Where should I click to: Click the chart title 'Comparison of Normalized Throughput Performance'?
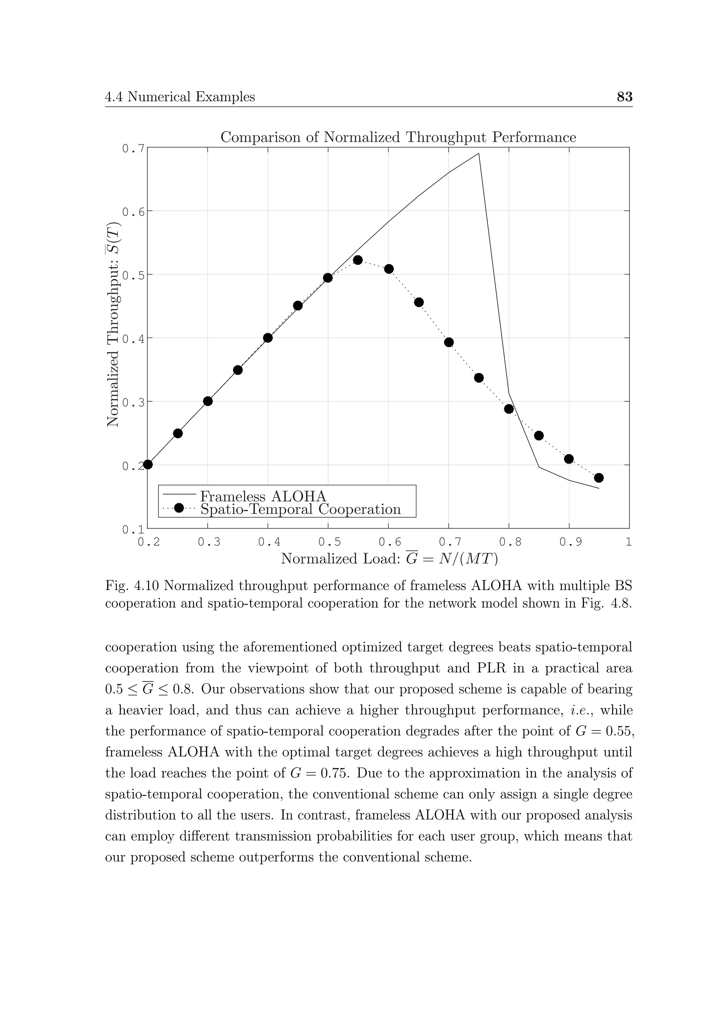398,137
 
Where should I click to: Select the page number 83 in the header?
624,97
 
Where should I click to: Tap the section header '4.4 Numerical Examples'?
180,97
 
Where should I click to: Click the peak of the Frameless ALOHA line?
478,154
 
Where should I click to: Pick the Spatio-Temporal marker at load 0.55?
358,260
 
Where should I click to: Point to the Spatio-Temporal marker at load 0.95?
598,478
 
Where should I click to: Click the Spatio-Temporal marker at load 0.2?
148,465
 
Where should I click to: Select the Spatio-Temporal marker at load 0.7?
449,342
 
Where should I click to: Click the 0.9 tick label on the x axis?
569,542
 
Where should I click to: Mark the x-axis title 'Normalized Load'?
340,558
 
